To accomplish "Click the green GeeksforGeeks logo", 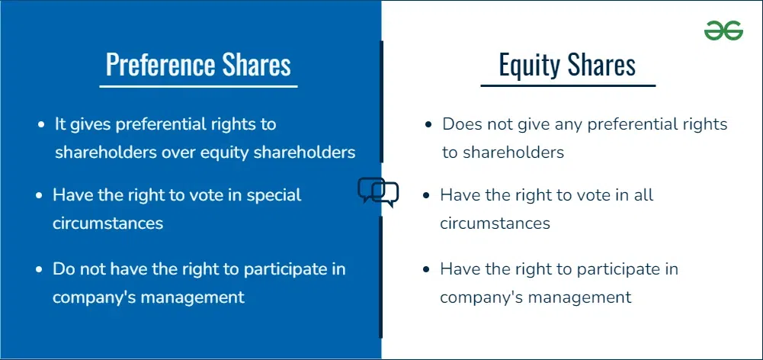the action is [723, 31].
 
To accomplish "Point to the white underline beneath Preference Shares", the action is [198, 87].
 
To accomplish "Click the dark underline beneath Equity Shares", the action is [568, 85].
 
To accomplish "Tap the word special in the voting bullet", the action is [274, 194].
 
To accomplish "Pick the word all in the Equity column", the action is [643, 194].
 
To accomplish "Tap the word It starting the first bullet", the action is [60, 124].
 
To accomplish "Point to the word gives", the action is [91, 125].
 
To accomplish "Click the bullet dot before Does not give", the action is [428, 125].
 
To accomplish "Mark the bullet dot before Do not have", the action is [40, 269].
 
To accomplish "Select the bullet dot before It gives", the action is [41, 125].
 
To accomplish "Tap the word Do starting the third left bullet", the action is [63, 269].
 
